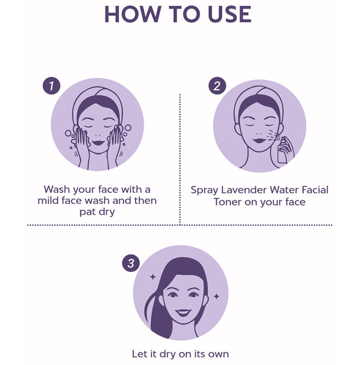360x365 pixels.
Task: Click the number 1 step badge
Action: pyautogui.click(x=52, y=86)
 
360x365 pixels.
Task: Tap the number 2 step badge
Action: pyautogui.click(x=217, y=86)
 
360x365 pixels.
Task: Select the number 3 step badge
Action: pyautogui.click(x=131, y=263)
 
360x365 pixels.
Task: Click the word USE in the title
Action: pyautogui.click(x=230, y=15)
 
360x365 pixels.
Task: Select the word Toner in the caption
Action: pyautogui.click(x=227, y=202)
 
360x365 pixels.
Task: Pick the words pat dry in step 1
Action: pyautogui.click(x=97, y=212)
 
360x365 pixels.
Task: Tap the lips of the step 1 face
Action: pyautogui.click(x=98, y=143)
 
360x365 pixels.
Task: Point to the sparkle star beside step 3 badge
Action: pyautogui.click(x=153, y=277)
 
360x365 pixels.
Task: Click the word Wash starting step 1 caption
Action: pyautogui.click(x=57, y=189)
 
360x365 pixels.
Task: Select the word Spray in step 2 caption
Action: pyautogui.click(x=204, y=190)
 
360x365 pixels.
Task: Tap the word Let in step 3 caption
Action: pyautogui.click(x=139, y=354)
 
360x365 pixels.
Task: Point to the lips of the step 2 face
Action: pyautogui.click(x=259, y=141)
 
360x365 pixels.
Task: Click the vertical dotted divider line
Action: pyautogui.click(x=180, y=160)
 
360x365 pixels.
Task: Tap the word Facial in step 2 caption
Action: pyautogui.click(x=315, y=190)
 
